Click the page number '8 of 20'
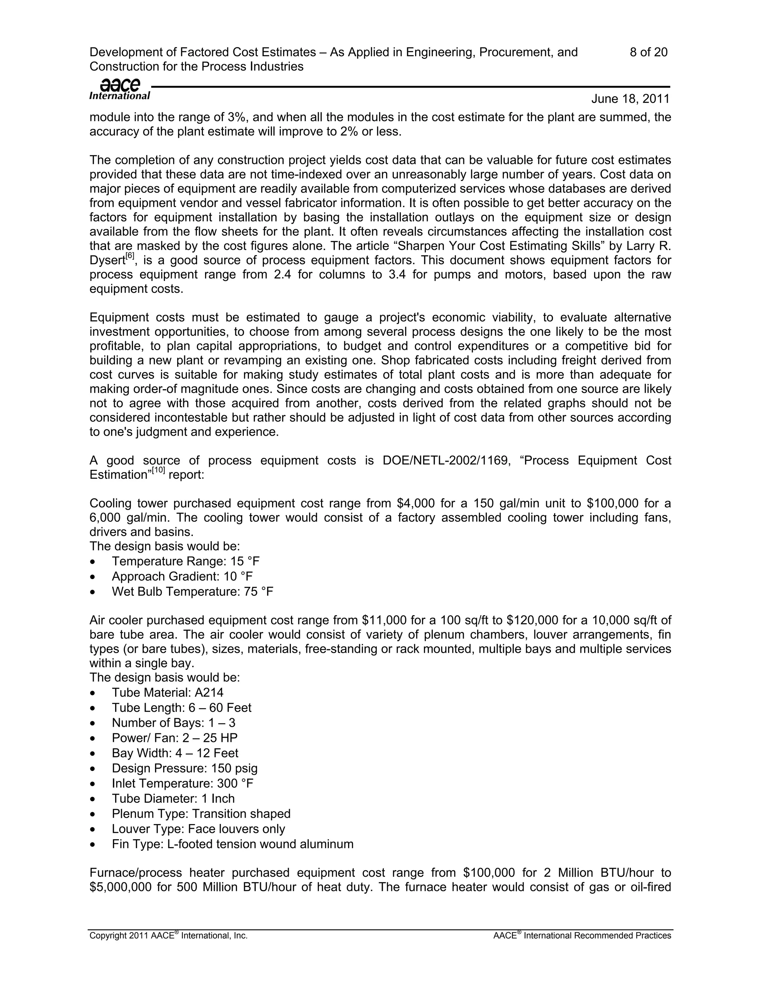point(648,52)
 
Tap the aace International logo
point(120,89)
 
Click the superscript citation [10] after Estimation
point(158,470)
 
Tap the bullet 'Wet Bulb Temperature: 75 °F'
point(192,592)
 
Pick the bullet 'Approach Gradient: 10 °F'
point(182,577)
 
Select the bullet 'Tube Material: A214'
point(167,693)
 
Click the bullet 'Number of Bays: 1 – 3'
point(174,723)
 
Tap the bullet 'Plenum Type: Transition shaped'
point(201,814)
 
